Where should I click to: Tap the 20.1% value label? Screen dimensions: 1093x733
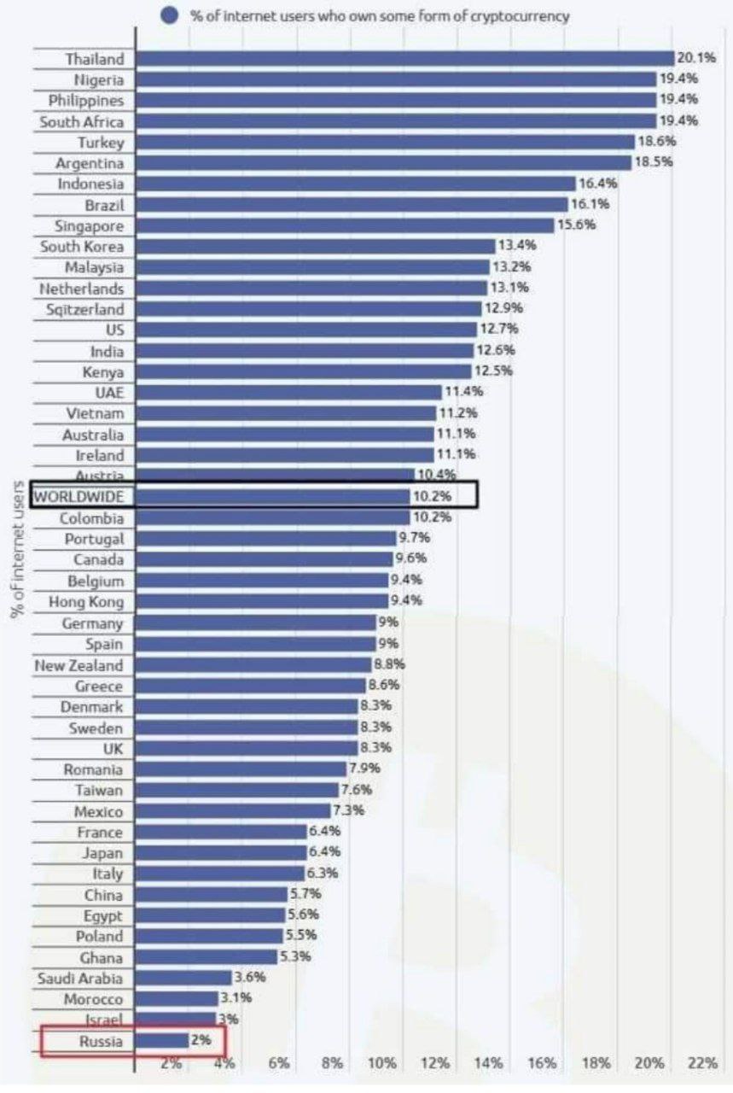[695, 58]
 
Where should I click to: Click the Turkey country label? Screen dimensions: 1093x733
[101, 143]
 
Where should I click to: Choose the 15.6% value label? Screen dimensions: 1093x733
[576, 225]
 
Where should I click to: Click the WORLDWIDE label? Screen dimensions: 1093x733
[79, 496]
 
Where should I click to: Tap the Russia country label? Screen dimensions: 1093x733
[101, 1041]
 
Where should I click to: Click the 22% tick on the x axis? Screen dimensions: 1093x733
[702, 1063]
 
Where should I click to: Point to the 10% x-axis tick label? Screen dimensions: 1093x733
[383, 1063]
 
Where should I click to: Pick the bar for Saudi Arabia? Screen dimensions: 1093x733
[183, 978]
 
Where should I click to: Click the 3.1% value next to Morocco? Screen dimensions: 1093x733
[236, 998]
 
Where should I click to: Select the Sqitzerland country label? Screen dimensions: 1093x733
[84, 309]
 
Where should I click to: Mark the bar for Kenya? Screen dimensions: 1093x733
[303, 371]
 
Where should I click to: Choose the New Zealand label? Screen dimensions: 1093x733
[79, 665]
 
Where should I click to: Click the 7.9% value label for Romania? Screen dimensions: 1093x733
[364, 768]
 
